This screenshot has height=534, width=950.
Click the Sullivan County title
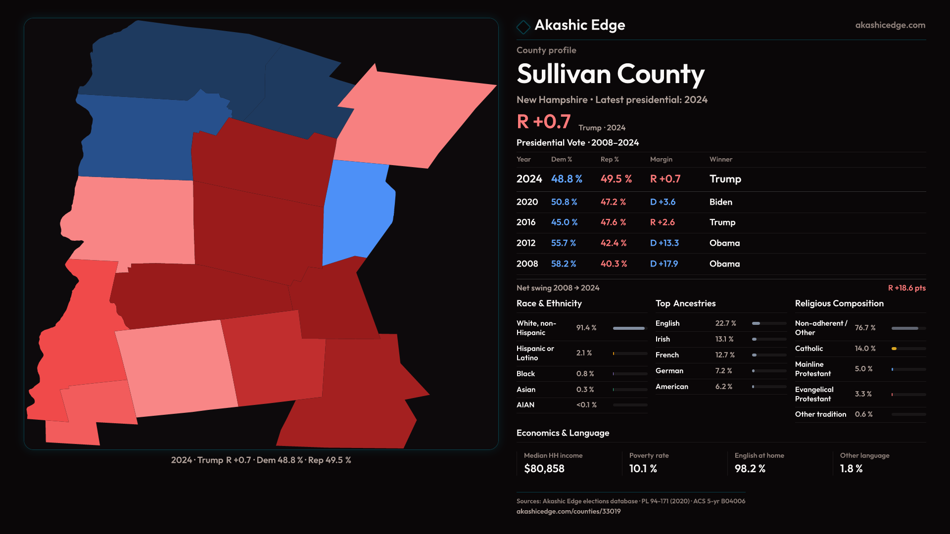pos(610,74)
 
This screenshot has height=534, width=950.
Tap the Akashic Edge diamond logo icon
pos(523,27)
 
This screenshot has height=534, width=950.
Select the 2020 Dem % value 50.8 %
pos(564,202)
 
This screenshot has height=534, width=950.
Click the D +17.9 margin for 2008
pos(664,264)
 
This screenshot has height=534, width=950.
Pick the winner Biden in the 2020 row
pos(720,202)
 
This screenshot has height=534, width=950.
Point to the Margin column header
pos(661,159)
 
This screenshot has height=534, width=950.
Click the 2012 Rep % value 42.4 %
pos(614,243)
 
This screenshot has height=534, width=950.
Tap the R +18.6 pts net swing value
pos(906,288)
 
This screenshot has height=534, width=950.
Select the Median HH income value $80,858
pos(544,469)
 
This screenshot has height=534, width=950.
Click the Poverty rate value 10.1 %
pos(643,469)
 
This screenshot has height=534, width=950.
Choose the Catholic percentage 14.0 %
pos(865,349)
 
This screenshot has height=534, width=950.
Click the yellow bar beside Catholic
pos(894,349)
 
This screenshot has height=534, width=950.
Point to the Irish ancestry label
pos(663,339)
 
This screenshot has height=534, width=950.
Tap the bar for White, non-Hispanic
pos(629,328)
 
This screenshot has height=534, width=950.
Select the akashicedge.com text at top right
pos(890,25)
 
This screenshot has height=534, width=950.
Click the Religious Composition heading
pos(839,304)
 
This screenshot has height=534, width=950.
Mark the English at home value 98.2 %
pos(750,469)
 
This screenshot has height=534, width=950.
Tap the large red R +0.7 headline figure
pos(543,122)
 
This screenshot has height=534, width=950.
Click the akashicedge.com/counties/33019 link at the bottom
pos(568,511)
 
